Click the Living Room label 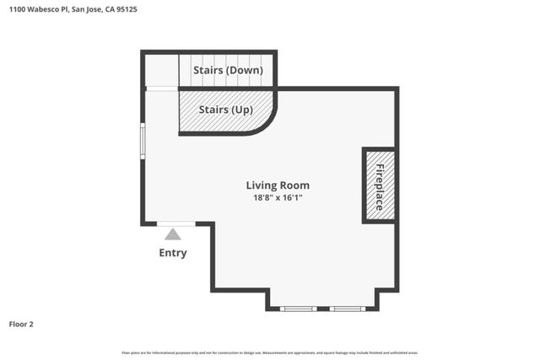point(278,185)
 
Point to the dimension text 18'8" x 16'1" point(278,198)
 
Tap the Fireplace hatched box point(379,186)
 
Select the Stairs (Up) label point(224,110)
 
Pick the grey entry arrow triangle point(173,234)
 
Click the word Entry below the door point(173,253)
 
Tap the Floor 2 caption point(21,324)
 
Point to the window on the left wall point(143,141)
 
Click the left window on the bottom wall point(299,309)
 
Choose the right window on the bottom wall point(346,309)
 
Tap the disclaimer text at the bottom point(270,352)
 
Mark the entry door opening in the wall point(176,223)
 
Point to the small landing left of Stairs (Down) point(161,70)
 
